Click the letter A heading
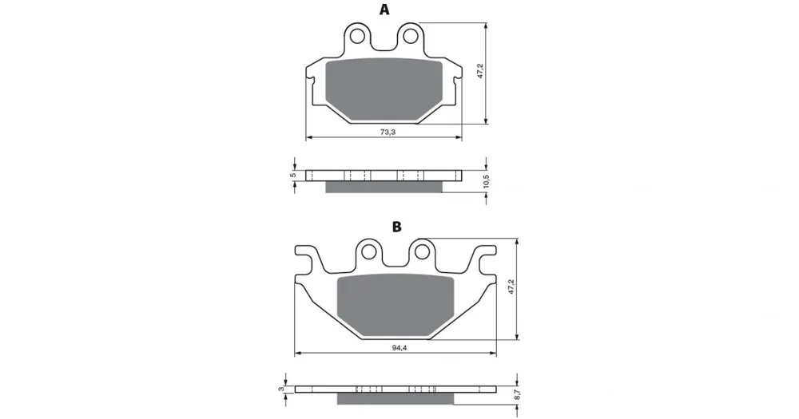click(384, 10)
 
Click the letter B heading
click(396, 227)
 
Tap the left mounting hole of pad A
click(357, 36)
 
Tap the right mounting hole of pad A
click(410, 36)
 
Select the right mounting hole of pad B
click(422, 251)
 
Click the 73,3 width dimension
click(388, 132)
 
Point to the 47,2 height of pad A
click(479, 72)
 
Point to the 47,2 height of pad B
click(511, 287)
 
